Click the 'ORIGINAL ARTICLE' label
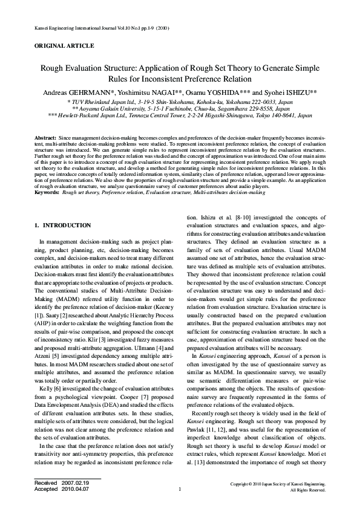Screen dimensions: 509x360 coord(64,46)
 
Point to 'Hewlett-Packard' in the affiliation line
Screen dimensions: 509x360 coord(82,114)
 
